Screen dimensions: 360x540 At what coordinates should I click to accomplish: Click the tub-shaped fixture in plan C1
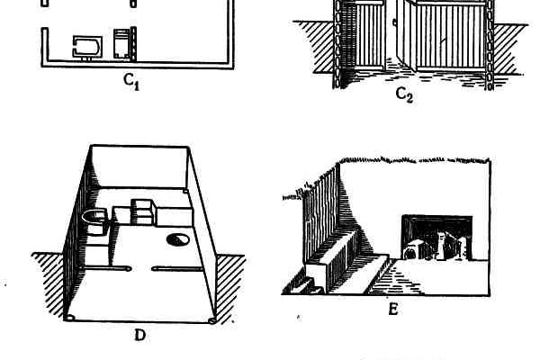point(87,46)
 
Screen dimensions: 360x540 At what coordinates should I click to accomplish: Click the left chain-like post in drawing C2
point(339,45)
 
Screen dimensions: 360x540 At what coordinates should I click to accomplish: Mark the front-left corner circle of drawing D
point(71,319)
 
